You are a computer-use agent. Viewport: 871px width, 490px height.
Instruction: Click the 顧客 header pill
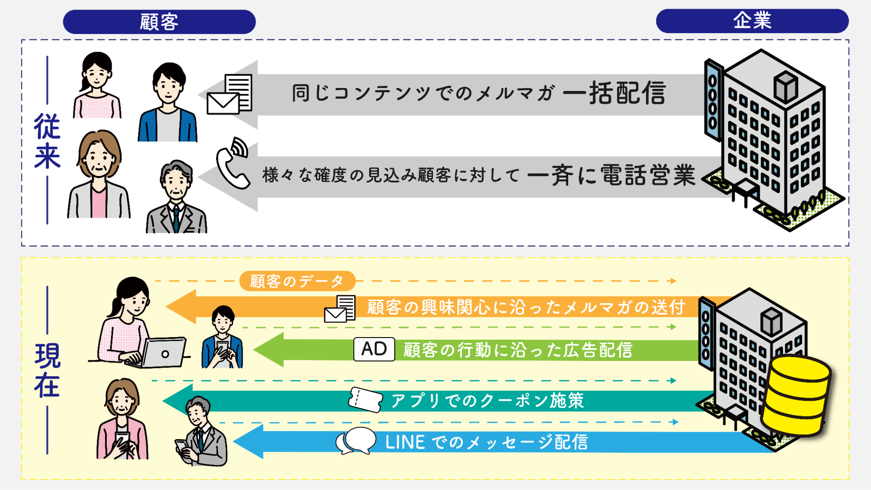pyautogui.click(x=159, y=22)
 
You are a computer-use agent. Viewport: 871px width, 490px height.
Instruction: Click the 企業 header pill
pyautogui.click(x=752, y=21)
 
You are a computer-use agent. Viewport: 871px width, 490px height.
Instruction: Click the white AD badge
pyautogui.click(x=374, y=349)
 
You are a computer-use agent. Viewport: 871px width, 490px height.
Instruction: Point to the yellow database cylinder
pyautogui.click(x=796, y=396)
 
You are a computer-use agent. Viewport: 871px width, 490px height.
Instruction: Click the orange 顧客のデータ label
pyautogui.click(x=297, y=281)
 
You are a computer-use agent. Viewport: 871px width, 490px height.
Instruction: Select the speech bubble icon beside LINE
pyautogui.click(x=356, y=441)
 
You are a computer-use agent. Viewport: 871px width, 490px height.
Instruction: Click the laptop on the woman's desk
pyautogui.click(x=162, y=353)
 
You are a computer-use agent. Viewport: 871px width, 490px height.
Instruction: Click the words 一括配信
pyautogui.click(x=614, y=93)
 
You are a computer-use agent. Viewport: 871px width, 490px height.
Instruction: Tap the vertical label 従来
pyautogui.click(x=47, y=141)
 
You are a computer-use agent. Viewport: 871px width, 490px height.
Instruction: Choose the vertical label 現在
pyautogui.click(x=47, y=370)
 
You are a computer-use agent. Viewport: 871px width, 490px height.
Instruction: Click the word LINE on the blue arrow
pyautogui.click(x=405, y=442)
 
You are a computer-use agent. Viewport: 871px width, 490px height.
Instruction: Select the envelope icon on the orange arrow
pyautogui.click(x=340, y=309)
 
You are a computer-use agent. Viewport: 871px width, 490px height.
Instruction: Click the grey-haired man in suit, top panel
pyautogui.click(x=176, y=198)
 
